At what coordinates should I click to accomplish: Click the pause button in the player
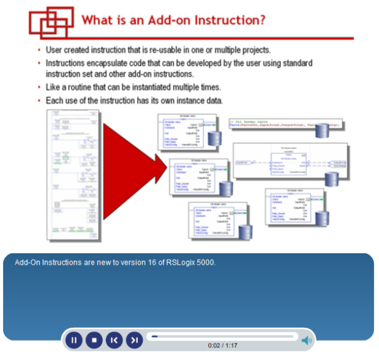[74, 340]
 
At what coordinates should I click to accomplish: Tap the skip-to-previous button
[114, 340]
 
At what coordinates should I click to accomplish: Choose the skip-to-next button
[133, 340]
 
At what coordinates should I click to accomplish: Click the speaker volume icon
[306, 341]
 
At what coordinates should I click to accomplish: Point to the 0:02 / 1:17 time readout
[222, 345]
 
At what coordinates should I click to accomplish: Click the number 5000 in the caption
[203, 262]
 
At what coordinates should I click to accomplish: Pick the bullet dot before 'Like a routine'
[39, 88]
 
